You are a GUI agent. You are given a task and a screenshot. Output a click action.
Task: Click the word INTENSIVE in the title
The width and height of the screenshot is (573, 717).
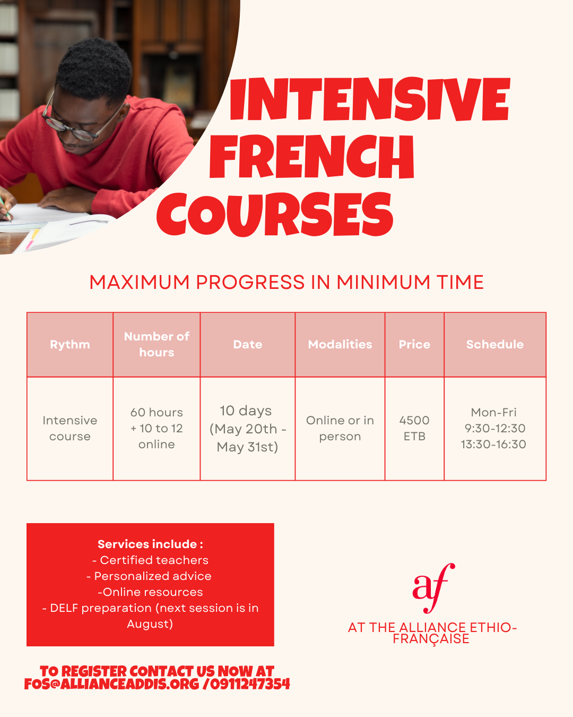click(370, 99)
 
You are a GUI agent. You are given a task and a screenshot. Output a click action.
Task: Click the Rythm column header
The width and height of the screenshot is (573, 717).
click(70, 345)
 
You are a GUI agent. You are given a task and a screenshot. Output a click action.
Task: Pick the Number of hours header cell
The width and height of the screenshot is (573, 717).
click(157, 345)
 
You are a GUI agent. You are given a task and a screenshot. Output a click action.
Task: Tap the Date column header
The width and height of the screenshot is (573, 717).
click(248, 345)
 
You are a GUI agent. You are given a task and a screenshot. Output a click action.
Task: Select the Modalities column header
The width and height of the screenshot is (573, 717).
click(340, 345)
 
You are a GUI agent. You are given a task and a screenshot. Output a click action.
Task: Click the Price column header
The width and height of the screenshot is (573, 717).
click(414, 345)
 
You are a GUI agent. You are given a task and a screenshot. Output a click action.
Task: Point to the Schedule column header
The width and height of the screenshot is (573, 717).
click(495, 345)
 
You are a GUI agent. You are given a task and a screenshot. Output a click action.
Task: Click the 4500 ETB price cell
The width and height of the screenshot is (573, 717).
click(414, 428)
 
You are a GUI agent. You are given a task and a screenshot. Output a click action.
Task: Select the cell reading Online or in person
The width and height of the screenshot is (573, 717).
click(340, 428)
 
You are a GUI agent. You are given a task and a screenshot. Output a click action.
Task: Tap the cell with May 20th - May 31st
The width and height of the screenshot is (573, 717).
click(248, 429)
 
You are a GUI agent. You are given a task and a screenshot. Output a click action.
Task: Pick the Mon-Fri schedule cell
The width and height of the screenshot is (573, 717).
click(494, 428)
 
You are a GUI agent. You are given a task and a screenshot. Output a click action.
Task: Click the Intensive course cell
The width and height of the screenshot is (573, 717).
click(70, 428)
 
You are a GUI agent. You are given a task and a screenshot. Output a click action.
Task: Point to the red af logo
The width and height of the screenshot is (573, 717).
click(433, 587)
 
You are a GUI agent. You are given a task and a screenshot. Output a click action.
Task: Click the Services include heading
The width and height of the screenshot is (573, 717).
click(150, 544)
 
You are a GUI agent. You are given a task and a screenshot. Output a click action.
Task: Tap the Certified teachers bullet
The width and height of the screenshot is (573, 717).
click(150, 560)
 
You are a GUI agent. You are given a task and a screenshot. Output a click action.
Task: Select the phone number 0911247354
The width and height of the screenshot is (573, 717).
click(250, 684)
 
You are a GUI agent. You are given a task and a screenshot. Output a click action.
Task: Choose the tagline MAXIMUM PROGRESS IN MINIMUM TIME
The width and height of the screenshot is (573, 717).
click(286, 283)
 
